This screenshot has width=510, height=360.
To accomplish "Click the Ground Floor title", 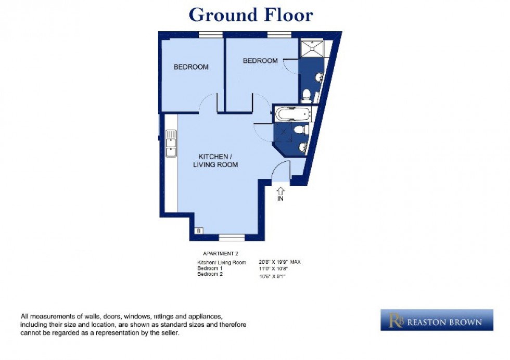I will point(251,15).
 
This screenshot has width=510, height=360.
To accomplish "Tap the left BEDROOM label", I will point(191,67).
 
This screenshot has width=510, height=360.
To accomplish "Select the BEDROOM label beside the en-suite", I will point(260,61).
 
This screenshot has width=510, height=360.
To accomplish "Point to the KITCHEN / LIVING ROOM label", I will point(215,161).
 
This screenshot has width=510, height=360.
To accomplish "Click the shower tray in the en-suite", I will point(311,48).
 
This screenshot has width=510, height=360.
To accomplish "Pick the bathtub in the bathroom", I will point(292,113).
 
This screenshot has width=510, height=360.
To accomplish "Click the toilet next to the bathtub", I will point(301,129).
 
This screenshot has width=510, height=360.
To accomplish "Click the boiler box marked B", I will point(198,230).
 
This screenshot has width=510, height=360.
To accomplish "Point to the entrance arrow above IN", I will point(280,190).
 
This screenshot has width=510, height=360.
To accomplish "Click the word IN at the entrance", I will point(280,199).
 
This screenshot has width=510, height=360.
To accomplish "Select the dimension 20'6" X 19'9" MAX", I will point(279,262).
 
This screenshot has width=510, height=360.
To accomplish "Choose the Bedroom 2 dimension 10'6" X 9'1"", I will point(272,276).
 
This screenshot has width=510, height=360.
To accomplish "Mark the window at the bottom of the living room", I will point(232,238).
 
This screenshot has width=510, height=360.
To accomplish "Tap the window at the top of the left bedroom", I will point(211,35).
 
